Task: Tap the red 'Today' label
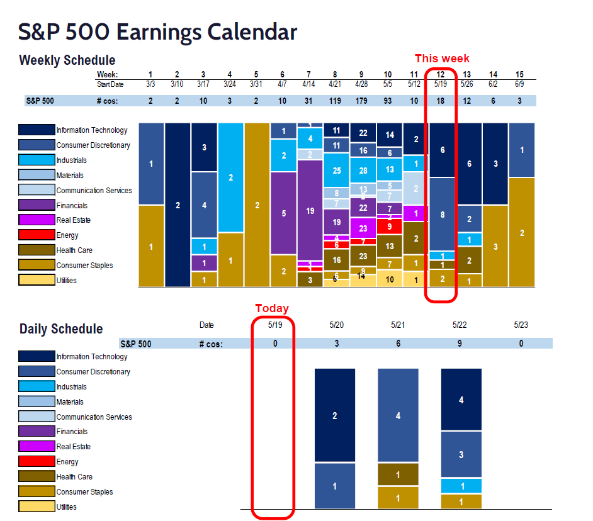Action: [272, 308]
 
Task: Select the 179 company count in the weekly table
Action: [361, 101]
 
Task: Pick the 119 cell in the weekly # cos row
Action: [336, 101]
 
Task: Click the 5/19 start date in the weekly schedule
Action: [441, 84]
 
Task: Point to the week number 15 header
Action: [521, 75]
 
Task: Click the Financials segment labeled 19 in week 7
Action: [310, 211]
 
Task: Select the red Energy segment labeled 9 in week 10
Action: [390, 226]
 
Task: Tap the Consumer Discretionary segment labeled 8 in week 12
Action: [442, 214]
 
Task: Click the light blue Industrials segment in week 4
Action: [230, 177]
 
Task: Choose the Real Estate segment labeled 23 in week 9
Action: [363, 228]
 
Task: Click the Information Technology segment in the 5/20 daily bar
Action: [335, 415]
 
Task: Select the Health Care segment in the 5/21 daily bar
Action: [398, 474]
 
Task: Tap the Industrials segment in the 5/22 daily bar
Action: [461, 486]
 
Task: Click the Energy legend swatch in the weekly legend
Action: [37, 235]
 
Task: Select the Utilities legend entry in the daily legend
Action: [66, 507]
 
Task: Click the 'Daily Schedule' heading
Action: [61, 328]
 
